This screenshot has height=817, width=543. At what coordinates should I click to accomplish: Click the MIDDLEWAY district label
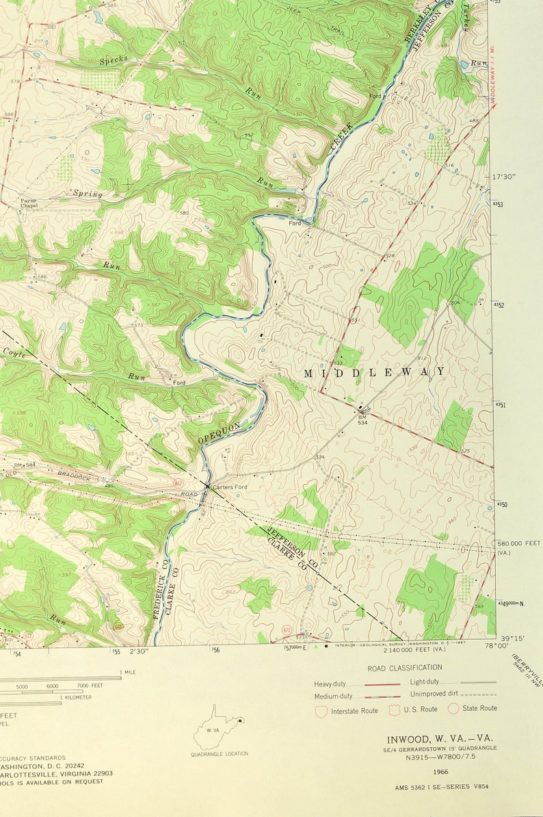[374, 372]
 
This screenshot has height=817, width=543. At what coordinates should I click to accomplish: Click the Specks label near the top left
[114, 61]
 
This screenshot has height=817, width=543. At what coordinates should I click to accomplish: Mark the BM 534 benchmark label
[362, 417]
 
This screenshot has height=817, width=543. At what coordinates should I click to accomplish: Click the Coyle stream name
[15, 352]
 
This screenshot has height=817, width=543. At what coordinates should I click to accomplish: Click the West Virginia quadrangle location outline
[217, 728]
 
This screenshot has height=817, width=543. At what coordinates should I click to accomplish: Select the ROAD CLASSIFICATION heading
[405, 667]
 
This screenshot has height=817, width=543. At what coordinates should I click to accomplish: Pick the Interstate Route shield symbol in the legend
[321, 711]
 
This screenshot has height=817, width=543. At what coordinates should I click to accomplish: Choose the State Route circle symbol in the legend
[453, 708]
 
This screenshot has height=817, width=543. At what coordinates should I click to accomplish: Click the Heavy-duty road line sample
[382, 684]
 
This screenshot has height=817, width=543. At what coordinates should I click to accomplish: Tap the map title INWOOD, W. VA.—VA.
[439, 739]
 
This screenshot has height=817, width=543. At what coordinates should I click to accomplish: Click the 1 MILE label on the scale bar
[127, 672]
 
